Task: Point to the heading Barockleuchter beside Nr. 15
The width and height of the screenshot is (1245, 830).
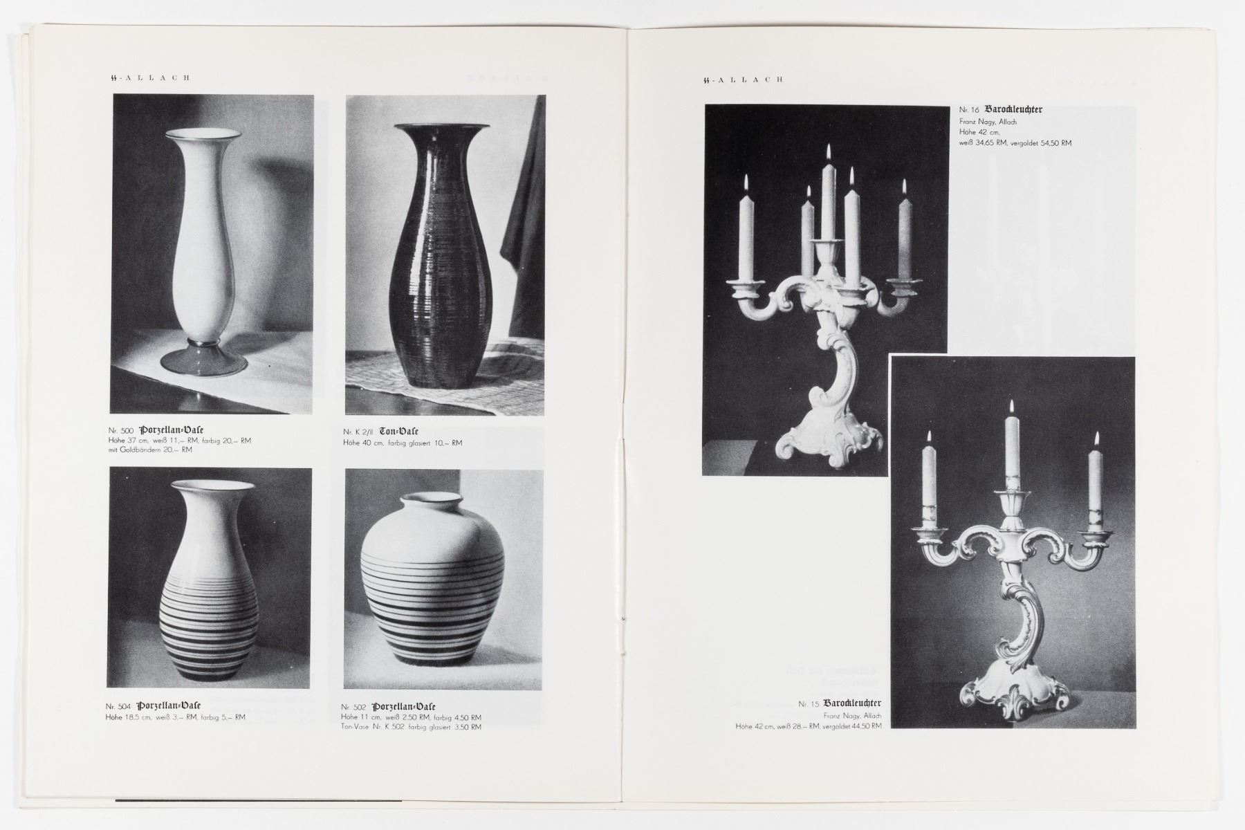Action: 852,703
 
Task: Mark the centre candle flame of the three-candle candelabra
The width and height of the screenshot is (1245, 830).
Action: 1011,409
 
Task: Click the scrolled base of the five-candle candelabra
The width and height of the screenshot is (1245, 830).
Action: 830,436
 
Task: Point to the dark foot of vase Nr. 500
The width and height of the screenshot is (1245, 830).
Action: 203,360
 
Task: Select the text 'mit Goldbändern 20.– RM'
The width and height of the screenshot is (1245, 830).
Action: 150,450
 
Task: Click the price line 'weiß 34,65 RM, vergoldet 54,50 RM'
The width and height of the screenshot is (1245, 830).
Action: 1015,143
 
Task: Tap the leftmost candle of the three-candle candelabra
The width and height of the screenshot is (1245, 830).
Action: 930,484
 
